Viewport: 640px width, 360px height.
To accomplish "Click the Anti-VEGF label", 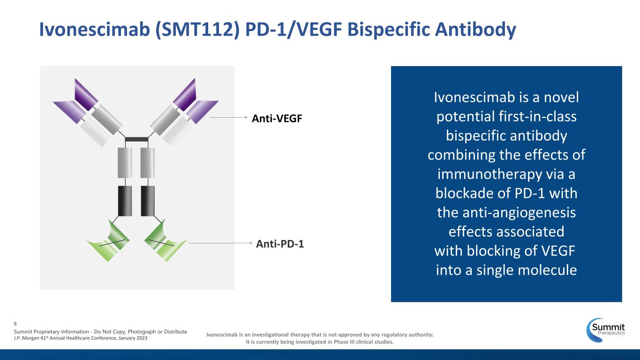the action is click(x=277, y=118).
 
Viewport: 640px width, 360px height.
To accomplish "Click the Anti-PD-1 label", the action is click(x=280, y=244).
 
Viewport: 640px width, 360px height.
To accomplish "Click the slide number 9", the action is click(x=15, y=324).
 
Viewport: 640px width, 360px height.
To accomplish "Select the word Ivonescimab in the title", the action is click(x=95, y=29).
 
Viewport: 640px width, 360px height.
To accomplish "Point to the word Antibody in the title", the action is click(x=475, y=30).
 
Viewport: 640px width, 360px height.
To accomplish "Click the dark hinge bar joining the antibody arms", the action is click(x=136, y=140).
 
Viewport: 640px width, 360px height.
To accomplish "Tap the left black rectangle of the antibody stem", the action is click(x=125, y=201).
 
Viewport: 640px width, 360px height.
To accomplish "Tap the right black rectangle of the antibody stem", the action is click(x=148, y=201).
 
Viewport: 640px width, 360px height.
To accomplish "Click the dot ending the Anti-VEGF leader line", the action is click(x=246, y=117).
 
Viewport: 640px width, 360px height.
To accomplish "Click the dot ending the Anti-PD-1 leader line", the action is click(x=250, y=243).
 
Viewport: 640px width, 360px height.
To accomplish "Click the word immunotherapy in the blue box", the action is click(x=489, y=174).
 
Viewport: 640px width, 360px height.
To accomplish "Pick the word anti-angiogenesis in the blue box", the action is click(x=519, y=213).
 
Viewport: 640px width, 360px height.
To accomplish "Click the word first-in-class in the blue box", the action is click(x=537, y=117).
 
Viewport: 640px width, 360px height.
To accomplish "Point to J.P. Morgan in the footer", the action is click(x=26, y=338).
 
